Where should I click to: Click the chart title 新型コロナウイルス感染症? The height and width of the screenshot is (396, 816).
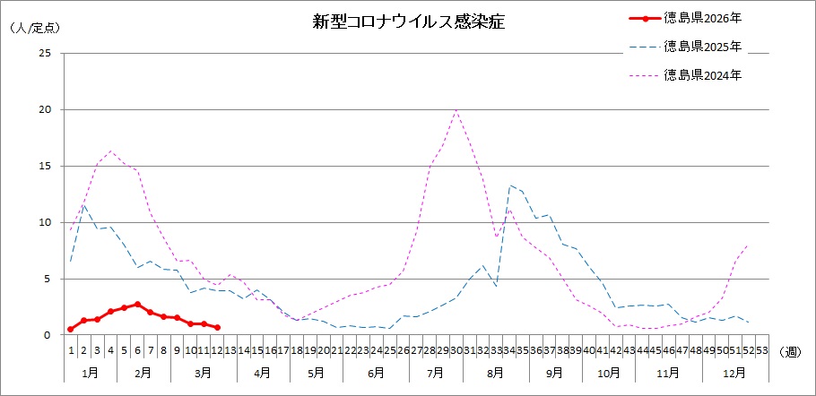[408, 22]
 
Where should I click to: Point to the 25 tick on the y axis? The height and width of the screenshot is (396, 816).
[45, 54]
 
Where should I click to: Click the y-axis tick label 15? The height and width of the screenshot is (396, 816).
[45, 167]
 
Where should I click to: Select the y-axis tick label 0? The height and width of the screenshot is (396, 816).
[48, 335]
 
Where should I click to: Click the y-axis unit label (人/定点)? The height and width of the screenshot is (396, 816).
[34, 28]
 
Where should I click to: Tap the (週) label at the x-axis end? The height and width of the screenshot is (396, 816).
[791, 350]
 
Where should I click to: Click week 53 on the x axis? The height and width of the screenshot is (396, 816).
[761, 350]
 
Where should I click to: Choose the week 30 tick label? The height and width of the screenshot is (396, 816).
[456, 350]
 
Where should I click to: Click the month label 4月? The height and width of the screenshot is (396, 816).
[263, 371]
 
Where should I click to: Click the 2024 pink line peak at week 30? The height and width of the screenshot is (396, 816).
[456, 109]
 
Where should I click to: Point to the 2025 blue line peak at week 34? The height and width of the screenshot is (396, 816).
[509, 185]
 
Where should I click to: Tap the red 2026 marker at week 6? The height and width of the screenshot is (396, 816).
[137, 304]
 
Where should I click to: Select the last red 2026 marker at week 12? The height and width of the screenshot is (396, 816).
[217, 327]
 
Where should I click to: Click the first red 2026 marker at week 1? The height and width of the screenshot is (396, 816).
[71, 329]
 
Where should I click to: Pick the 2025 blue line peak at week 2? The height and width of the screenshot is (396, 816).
[84, 205]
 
